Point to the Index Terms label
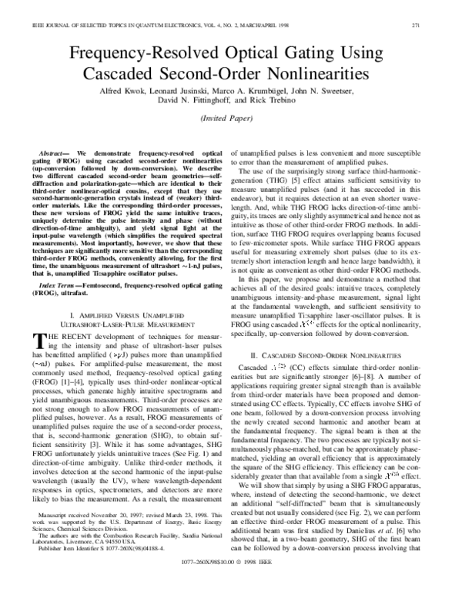pyautogui.click(x=56, y=264)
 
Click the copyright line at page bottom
pyautogui.click(x=232, y=584)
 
